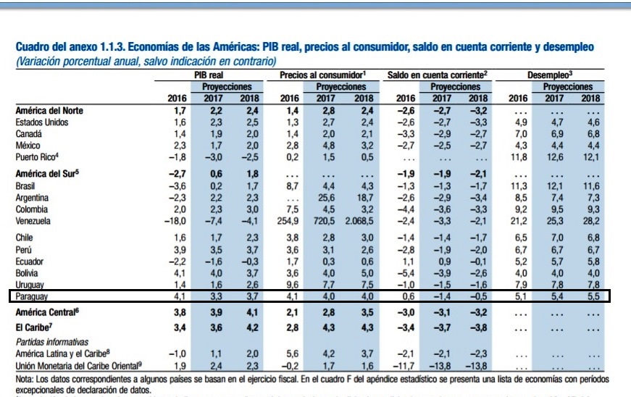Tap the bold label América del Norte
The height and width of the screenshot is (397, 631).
49,111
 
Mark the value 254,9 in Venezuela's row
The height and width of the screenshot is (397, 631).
288,220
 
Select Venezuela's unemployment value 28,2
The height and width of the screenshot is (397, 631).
592,220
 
